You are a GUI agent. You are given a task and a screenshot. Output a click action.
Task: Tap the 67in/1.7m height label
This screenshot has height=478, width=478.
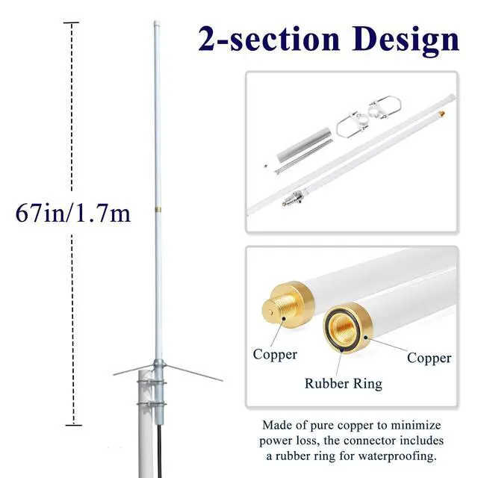73,214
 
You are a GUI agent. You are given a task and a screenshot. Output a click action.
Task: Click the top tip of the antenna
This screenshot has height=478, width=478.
157,24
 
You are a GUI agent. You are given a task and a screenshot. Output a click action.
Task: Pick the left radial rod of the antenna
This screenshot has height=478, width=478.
133,369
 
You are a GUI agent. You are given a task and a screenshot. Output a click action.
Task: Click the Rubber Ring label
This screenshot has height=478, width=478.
343,384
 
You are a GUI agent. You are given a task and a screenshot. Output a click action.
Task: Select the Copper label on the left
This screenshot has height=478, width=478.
275,355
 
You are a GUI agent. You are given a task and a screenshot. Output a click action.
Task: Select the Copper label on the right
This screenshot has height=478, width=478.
429,358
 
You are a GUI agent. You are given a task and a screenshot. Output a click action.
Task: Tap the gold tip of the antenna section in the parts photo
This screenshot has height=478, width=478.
441,114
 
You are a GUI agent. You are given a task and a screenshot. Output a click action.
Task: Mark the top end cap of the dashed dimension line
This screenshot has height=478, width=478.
72,23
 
